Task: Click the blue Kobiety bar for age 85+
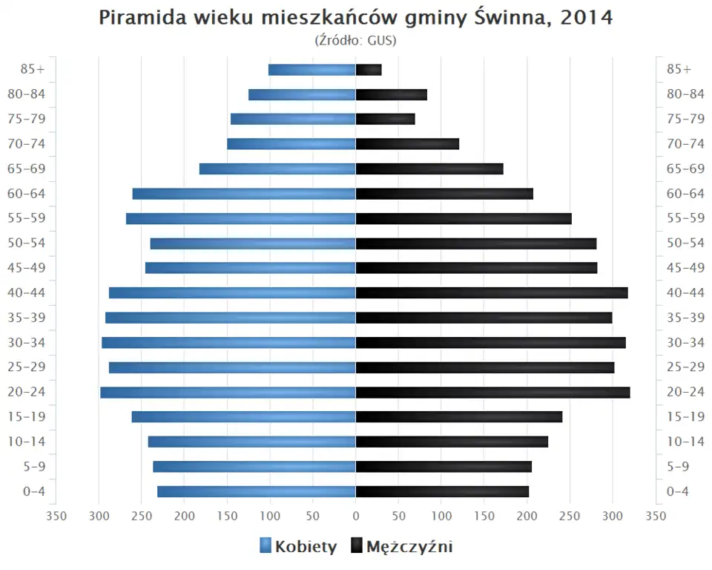pos(311,70)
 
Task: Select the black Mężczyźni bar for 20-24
pos(492,393)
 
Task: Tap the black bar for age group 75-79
pos(385,119)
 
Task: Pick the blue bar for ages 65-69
pos(277,169)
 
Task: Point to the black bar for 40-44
pos(492,293)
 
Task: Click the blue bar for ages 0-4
pos(256,491)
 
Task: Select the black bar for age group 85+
pos(369,70)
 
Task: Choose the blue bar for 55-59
pos(240,219)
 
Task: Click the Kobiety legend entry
pos(298,547)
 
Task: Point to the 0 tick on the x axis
pos(356,516)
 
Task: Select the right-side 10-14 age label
pos(685,442)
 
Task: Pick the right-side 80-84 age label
pos(685,94)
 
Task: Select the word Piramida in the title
pos(138,19)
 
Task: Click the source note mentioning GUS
pos(356,40)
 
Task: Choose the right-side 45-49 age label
pos(685,268)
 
